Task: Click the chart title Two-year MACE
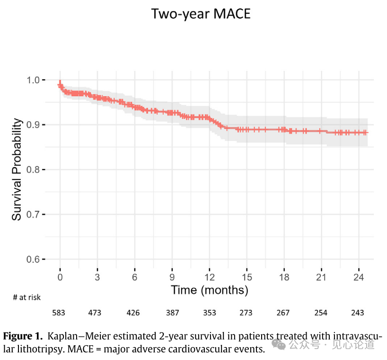tap(201, 14)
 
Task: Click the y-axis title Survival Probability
tap(17, 170)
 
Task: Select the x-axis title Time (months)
tap(210, 289)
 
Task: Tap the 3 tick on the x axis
tap(97, 277)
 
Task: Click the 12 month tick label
tap(210, 277)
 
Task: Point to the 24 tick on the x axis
tap(358, 277)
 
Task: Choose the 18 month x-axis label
tap(284, 277)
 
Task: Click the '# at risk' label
tap(27, 297)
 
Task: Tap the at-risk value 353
tap(209, 313)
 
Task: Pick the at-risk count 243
tap(358, 313)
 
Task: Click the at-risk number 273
tap(246, 313)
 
